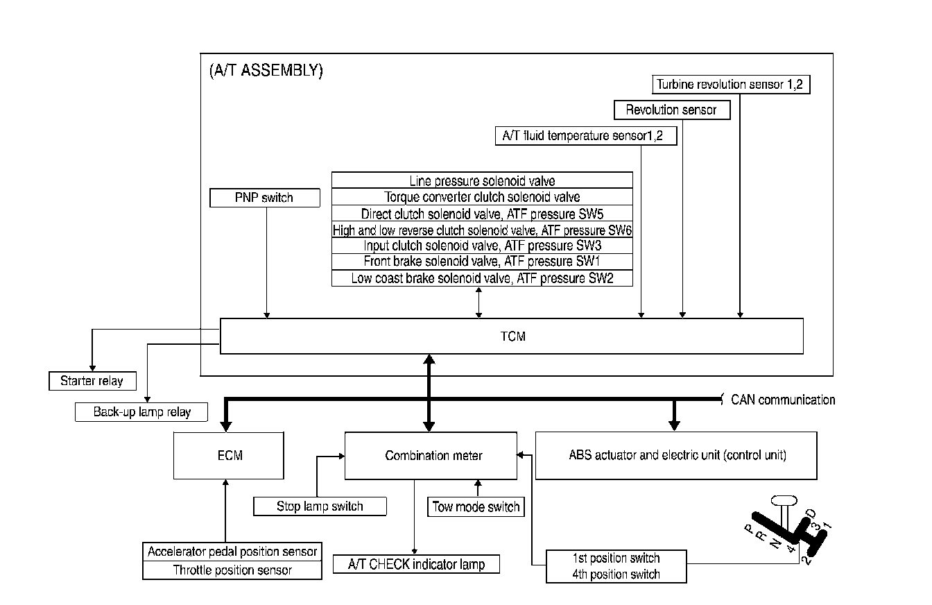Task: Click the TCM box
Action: [512, 336]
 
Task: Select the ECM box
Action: [229, 456]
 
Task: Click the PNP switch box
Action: [264, 198]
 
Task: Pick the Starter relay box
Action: [92, 381]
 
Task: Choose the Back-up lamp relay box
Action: [141, 412]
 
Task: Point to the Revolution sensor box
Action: [671, 110]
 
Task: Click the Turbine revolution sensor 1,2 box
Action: [731, 85]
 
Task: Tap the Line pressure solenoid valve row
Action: [482, 181]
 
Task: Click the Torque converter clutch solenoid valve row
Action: [482, 197]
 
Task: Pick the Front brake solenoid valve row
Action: [482, 262]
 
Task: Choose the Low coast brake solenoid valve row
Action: [482, 278]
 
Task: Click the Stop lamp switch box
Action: [320, 506]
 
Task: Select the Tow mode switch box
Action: [476, 507]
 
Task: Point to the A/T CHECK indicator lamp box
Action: [416, 564]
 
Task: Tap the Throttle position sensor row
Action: [232, 570]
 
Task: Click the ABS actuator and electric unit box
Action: [676, 456]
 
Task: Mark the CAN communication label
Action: [783, 400]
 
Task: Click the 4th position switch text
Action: [616, 574]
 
